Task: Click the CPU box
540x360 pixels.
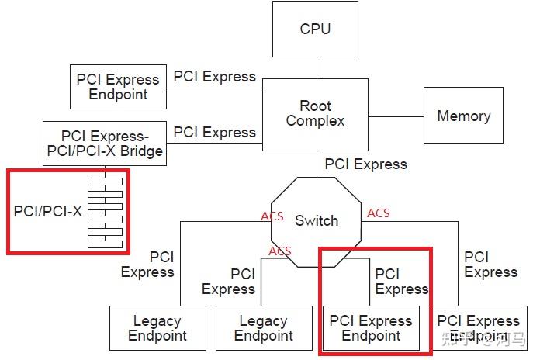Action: point(315,29)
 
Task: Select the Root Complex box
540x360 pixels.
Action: point(315,113)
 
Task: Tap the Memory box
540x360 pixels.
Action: point(463,116)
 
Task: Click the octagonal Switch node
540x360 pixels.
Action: point(317,220)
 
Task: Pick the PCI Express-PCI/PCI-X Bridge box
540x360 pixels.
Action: point(105,143)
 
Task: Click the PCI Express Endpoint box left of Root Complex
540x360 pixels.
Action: point(117,87)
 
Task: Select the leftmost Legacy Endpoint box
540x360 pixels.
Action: point(157,328)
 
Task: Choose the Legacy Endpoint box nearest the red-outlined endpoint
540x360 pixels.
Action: point(263,328)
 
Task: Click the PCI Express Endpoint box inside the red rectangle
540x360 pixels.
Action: point(371,328)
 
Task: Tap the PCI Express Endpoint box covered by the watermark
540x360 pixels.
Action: point(479,328)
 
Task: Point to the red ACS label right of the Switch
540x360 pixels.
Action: point(379,213)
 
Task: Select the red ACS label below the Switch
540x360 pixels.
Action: point(280,251)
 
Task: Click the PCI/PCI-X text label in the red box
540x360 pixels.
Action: point(47,211)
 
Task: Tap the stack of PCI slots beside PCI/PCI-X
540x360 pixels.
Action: point(105,212)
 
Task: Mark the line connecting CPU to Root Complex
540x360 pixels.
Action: point(315,67)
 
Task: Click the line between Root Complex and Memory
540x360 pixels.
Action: point(396,116)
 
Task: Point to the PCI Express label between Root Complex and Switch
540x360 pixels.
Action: point(365,164)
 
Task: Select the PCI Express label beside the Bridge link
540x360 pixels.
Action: point(214,133)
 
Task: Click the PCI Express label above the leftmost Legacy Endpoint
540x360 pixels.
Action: point(147,265)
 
